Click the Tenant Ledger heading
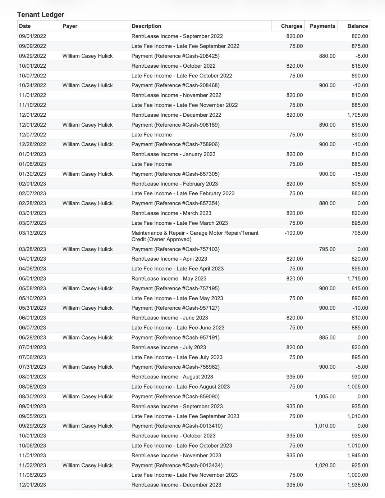pyautogui.click(x=41, y=15)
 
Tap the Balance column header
pyautogui.click(x=357, y=26)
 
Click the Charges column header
pyautogui.click(x=292, y=26)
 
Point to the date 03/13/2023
pyautogui.click(x=32, y=233)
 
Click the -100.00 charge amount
pyautogui.click(x=293, y=233)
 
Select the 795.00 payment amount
pyautogui.click(x=327, y=249)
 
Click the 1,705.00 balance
pyautogui.click(x=357, y=115)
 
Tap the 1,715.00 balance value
pyautogui.click(x=357, y=279)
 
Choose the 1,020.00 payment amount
pyautogui.click(x=325, y=465)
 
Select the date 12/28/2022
pyautogui.click(x=32, y=144)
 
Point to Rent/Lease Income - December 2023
pyautogui.click(x=176, y=485)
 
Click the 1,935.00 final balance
pyautogui.click(x=357, y=485)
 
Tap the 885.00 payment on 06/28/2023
pyautogui.click(x=327, y=337)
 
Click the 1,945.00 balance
pyautogui.click(x=357, y=456)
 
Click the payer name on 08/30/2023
pyautogui.click(x=87, y=396)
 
